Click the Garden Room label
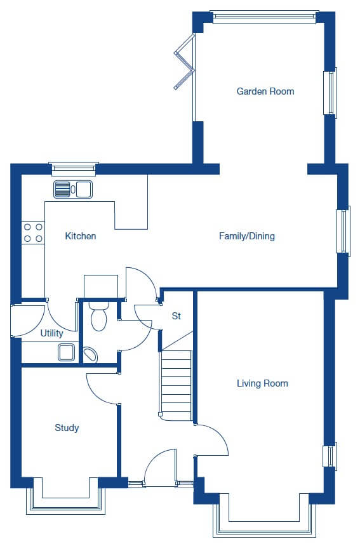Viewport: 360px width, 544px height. pyautogui.click(x=265, y=91)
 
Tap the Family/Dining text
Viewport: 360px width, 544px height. pyautogui.click(x=247, y=236)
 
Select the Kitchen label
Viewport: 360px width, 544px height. pyautogui.click(x=81, y=236)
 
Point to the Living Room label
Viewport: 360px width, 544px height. pyautogui.click(x=262, y=383)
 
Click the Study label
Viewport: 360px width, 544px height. pyautogui.click(x=67, y=428)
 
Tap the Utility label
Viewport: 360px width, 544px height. pyautogui.click(x=51, y=333)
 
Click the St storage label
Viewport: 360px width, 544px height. pyautogui.click(x=177, y=315)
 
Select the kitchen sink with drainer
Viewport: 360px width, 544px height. pyautogui.click(x=73, y=189)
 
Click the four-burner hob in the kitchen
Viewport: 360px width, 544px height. pyautogui.click(x=33, y=232)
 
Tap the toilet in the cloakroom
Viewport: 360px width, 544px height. pyautogui.click(x=99, y=316)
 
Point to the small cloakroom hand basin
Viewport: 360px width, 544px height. pyautogui.click(x=90, y=355)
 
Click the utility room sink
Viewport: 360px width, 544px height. pyautogui.click(x=66, y=352)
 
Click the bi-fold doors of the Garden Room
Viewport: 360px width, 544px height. pyautogui.click(x=184, y=62)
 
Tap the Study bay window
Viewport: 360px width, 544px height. pyautogui.click(x=65, y=496)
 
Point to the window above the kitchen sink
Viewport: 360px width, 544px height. pyautogui.click(x=74, y=168)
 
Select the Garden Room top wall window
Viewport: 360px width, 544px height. pyautogui.click(x=265, y=17)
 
